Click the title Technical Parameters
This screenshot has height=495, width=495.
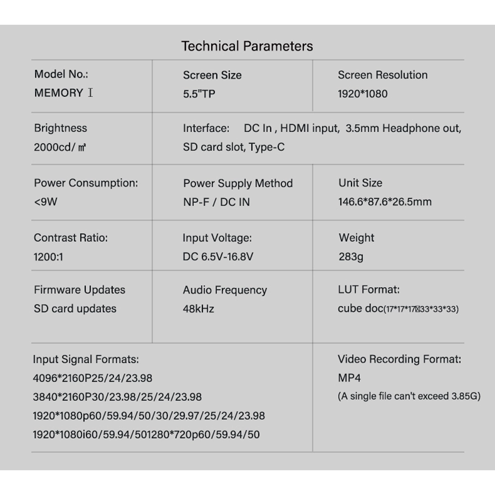pyautogui.click(x=247, y=47)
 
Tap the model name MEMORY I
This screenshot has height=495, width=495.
pyautogui.click(x=63, y=93)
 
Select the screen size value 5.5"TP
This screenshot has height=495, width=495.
pyautogui.click(x=199, y=94)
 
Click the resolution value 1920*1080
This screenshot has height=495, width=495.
pyautogui.click(x=362, y=94)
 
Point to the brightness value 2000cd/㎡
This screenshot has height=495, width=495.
pyautogui.click(x=61, y=147)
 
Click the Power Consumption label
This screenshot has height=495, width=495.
pyautogui.click(x=86, y=183)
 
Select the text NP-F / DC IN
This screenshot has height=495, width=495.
pyautogui.click(x=216, y=202)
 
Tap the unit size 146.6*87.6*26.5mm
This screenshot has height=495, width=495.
pyautogui.click(x=385, y=202)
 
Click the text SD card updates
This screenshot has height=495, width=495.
pyautogui.click(x=75, y=309)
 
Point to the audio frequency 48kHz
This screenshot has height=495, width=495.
pyautogui.click(x=198, y=309)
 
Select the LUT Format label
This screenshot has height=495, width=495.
pyautogui.click(x=368, y=290)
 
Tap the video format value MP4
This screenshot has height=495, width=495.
pyautogui.click(x=349, y=378)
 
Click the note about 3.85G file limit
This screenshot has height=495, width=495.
pyautogui.click(x=409, y=396)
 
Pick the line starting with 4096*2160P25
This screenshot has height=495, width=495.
pyautogui.click(x=93, y=378)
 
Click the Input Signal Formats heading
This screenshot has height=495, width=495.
pyautogui.click(x=86, y=359)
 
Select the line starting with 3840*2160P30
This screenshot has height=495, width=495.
pyautogui.click(x=117, y=397)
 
